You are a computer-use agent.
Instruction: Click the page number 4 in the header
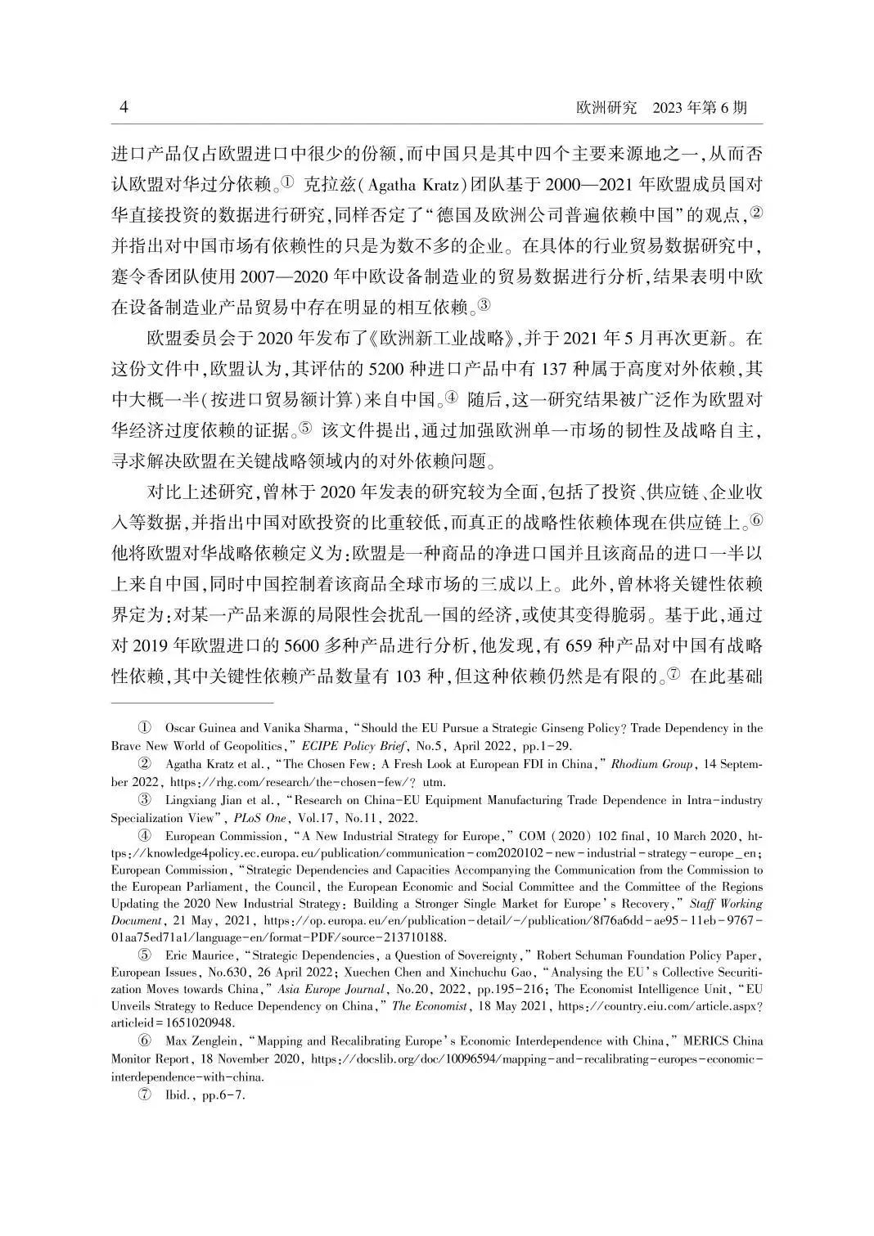click(124, 108)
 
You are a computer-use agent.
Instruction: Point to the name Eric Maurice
click(196, 955)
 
